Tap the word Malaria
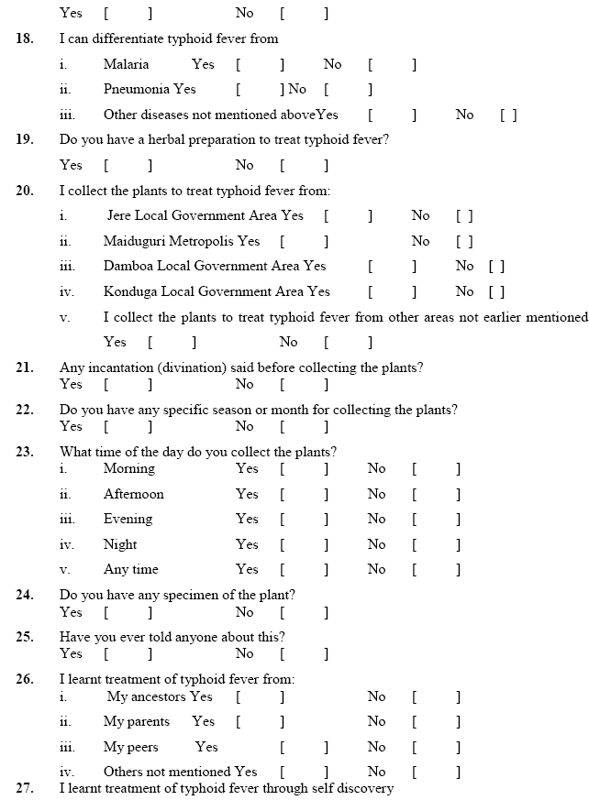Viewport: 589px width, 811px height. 126,65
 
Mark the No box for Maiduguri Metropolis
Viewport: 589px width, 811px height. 464,242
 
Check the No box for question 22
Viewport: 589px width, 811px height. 304,426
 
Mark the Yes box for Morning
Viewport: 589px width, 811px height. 304,469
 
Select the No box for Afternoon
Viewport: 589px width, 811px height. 436,495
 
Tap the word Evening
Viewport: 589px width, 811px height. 128,519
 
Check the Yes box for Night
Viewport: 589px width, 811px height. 304,545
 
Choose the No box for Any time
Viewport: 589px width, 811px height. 436,570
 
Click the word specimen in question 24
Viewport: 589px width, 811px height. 191,595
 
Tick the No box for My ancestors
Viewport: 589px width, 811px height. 436,697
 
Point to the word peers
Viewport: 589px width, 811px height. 152,747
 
